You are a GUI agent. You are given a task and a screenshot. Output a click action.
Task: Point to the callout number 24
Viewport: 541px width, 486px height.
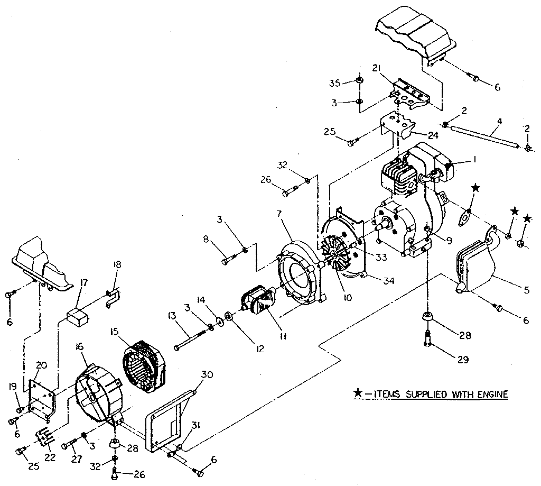(433, 134)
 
